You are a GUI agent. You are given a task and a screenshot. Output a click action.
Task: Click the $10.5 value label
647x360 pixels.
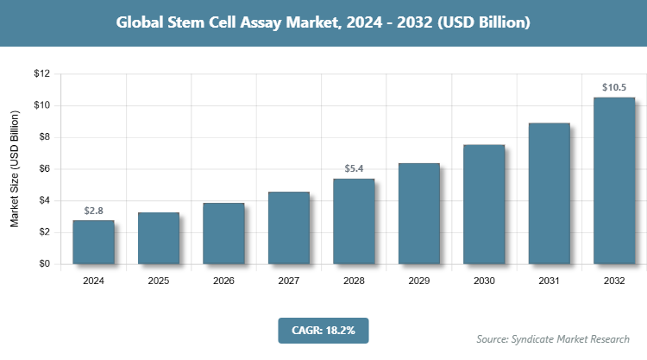(x=614, y=87)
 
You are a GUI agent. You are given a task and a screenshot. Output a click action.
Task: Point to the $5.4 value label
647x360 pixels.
(x=354, y=168)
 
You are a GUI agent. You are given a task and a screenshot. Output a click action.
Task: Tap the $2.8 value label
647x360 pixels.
(x=93, y=210)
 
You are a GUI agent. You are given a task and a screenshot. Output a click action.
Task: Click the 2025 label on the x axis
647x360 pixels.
(x=159, y=281)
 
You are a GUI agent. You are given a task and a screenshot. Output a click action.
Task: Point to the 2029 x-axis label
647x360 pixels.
(x=419, y=281)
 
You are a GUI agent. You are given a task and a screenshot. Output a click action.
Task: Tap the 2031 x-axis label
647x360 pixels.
(x=550, y=281)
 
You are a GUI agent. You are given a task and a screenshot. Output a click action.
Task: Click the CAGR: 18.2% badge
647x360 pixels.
(x=323, y=330)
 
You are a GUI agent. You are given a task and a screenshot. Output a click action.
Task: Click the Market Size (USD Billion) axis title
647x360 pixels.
(x=15, y=169)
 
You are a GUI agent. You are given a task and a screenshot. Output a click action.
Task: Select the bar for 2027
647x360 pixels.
(x=289, y=228)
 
